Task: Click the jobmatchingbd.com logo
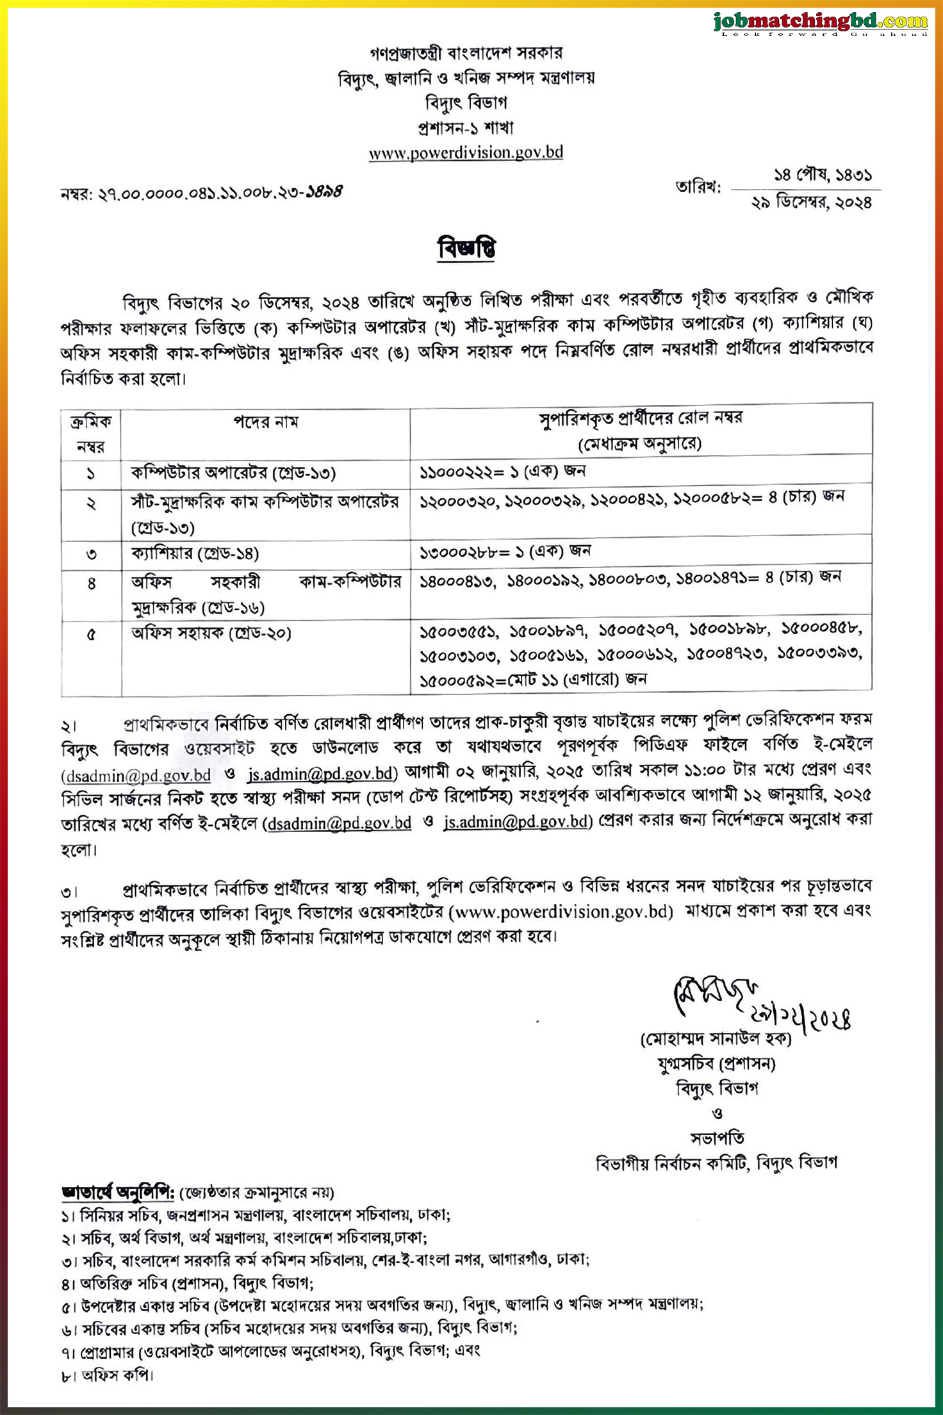[821, 22]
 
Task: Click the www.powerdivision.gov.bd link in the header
[466, 152]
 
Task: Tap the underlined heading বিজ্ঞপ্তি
[467, 249]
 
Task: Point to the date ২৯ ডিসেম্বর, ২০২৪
[812, 202]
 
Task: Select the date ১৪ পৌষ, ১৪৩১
[823, 174]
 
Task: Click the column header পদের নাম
[265, 422]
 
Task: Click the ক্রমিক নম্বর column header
[91, 433]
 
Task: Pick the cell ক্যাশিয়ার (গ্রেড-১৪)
[195, 553]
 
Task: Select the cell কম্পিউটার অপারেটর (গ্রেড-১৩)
[233, 473]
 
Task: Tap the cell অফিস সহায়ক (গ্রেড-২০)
[211, 633]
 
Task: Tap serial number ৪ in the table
[91, 584]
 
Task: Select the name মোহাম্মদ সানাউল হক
[716, 1039]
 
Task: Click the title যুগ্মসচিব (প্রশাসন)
[716, 1064]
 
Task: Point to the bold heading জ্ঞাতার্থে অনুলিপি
[119, 1193]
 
